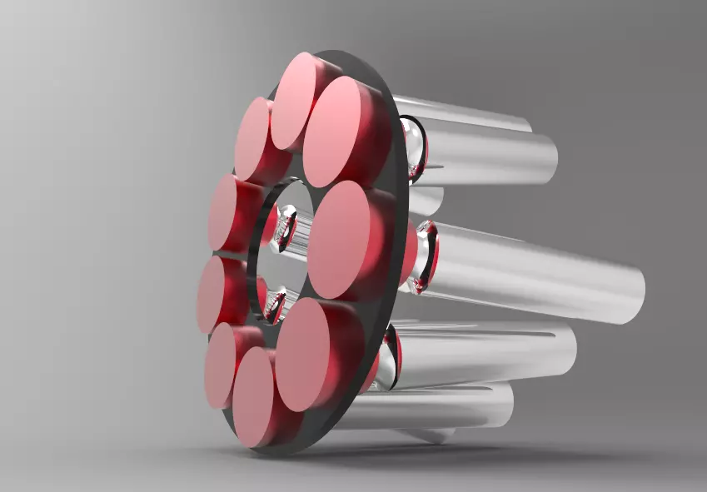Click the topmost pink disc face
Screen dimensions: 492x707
click(x=293, y=100)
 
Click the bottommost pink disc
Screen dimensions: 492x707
click(x=253, y=398)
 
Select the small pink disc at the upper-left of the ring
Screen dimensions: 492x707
click(x=251, y=138)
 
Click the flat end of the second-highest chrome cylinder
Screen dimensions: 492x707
click(x=545, y=160)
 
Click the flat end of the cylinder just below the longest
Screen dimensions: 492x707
click(x=566, y=350)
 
